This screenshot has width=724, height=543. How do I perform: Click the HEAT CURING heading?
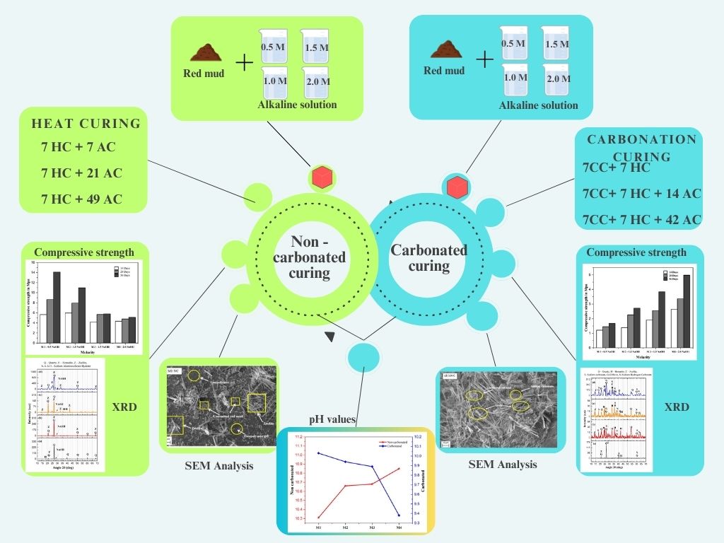click(86, 124)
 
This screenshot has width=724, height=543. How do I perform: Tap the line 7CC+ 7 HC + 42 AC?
click(641, 219)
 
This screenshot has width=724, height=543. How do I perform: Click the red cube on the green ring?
click(322, 177)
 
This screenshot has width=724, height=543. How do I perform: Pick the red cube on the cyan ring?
click(455, 187)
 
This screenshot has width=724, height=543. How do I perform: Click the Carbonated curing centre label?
click(428, 257)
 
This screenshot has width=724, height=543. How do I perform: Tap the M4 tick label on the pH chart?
click(399, 527)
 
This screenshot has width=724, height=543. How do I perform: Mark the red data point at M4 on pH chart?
click(399, 468)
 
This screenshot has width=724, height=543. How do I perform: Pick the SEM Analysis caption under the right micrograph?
click(502, 465)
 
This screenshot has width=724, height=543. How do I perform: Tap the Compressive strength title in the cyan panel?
click(636, 252)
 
